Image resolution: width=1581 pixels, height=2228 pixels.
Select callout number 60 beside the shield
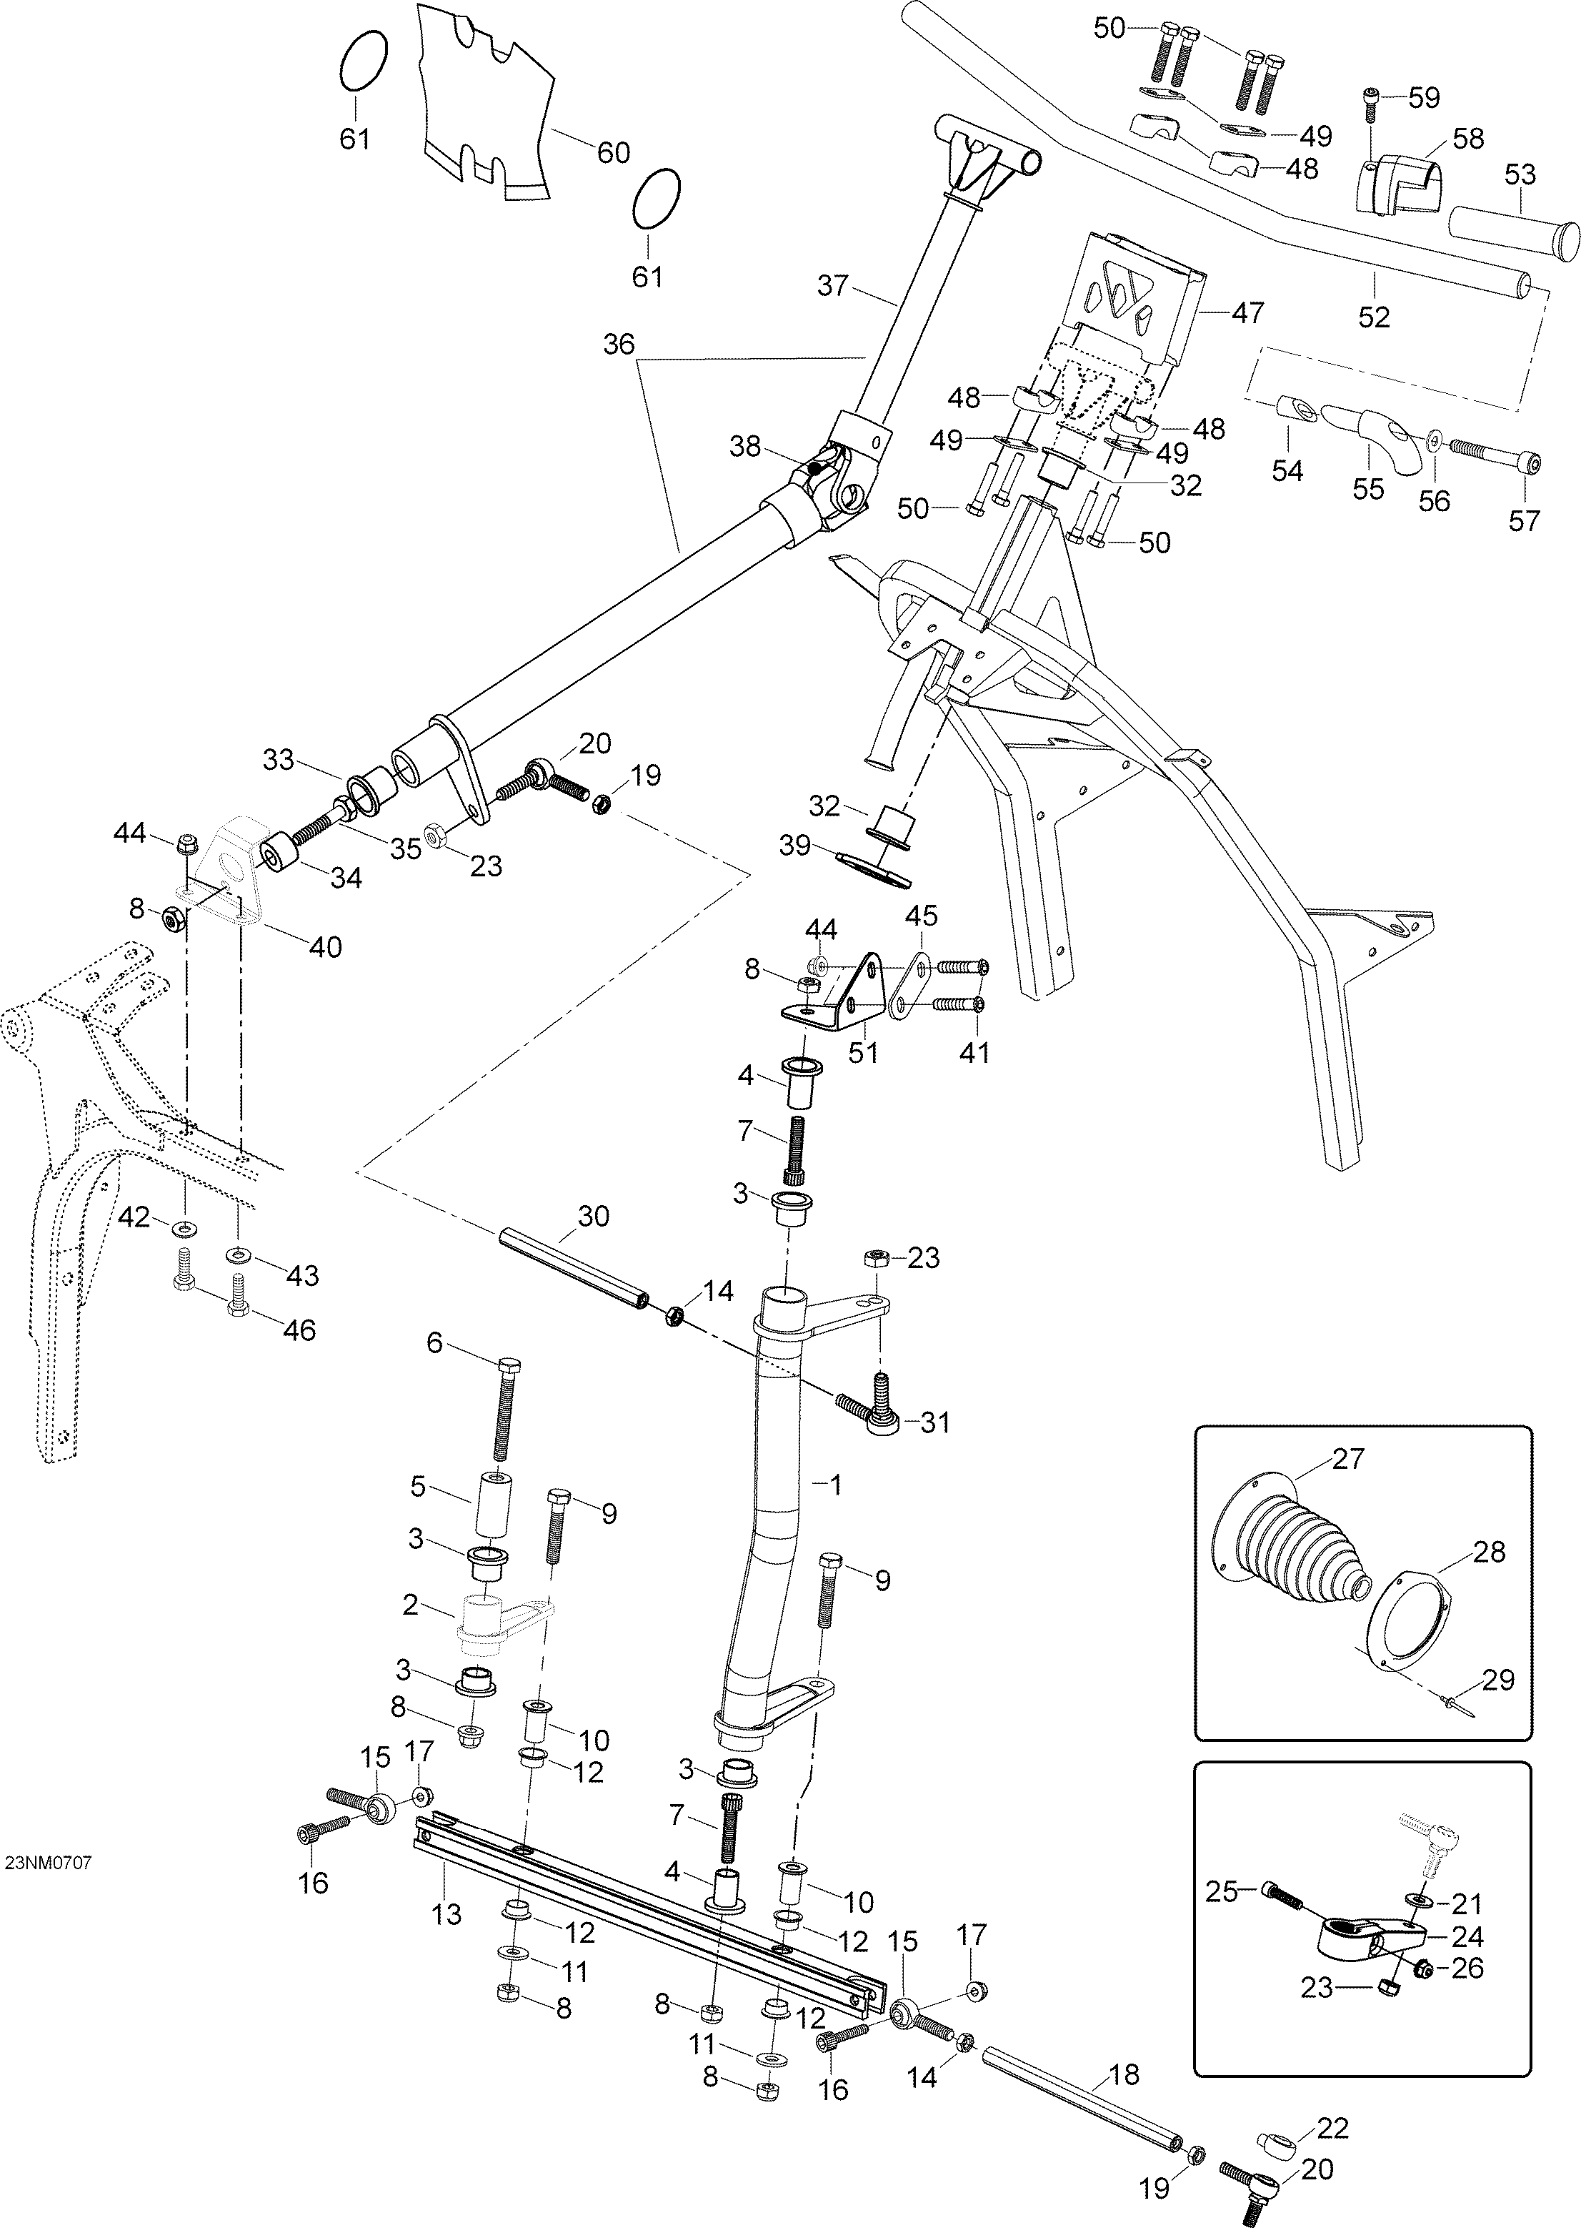612,153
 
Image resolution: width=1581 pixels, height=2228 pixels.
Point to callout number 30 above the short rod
593,1217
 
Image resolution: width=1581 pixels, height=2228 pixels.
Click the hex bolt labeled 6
504,1409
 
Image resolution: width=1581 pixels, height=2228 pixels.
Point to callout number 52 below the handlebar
1375,317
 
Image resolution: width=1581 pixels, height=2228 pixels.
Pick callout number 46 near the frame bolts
299,1330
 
